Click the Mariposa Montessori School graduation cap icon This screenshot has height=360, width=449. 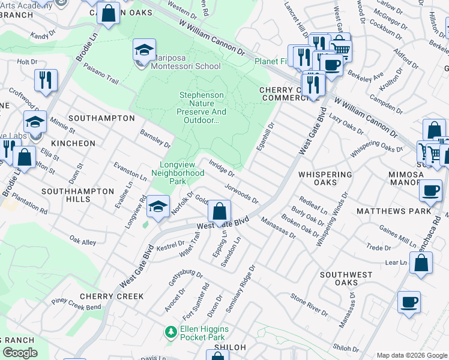coord(144,50)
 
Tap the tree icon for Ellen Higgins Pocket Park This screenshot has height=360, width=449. coord(171,331)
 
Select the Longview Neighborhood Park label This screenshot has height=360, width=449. coord(182,172)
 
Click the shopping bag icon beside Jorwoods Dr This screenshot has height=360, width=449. coord(220,211)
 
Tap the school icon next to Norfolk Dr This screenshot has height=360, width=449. coord(158,207)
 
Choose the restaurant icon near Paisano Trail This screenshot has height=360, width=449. coord(46,80)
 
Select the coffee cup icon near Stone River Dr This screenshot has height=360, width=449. coord(409,302)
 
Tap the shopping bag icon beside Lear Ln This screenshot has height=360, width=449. coord(421,263)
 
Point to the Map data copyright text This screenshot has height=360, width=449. coord(411,355)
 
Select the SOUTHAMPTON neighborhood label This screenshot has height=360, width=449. coord(101,118)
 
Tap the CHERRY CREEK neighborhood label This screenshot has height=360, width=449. coord(112,296)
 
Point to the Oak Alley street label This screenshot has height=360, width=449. coord(82,241)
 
